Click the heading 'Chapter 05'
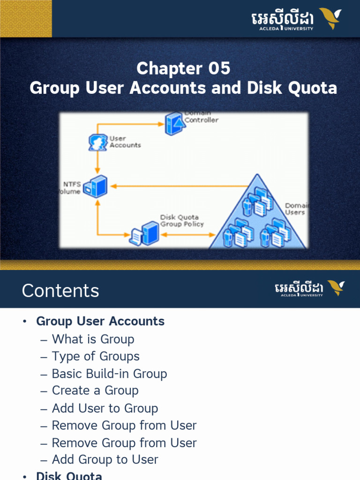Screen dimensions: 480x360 [x=183, y=69]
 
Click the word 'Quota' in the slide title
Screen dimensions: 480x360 [x=314, y=88]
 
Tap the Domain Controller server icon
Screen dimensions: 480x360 [x=173, y=124]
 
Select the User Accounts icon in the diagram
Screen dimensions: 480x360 [x=97, y=142]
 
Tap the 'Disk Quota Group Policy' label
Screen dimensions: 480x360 [x=182, y=221]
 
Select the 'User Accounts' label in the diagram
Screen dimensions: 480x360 [x=125, y=142]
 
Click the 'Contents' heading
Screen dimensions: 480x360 [x=60, y=291]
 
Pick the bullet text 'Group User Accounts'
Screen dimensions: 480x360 [x=100, y=322]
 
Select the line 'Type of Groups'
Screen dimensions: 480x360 [x=96, y=356]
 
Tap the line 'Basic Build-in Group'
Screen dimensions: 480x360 [x=109, y=374]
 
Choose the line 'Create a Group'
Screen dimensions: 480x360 [x=95, y=390]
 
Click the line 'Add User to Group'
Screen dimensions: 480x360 [x=105, y=408]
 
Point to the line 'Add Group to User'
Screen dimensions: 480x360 [x=105, y=460]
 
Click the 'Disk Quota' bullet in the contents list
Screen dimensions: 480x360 [x=69, y=476]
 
